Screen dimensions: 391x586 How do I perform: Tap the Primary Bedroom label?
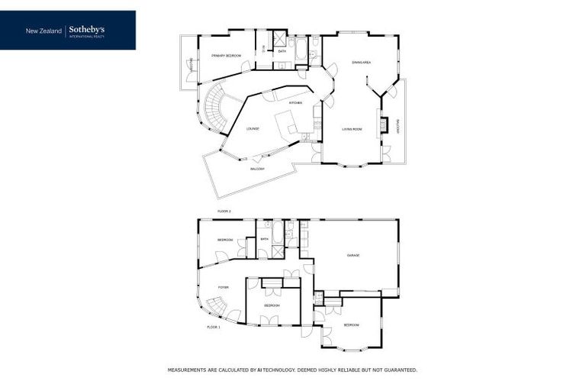227,56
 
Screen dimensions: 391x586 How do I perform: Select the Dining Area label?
361,62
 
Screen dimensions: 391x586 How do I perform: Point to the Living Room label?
352,129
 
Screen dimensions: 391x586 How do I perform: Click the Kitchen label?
295,102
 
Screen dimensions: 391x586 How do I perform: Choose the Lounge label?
253,128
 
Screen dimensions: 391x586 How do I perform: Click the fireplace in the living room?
385,124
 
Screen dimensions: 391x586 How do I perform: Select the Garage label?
353,255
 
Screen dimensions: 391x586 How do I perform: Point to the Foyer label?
223,287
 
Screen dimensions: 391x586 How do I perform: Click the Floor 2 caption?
224,210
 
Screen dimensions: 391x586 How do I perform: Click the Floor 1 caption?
214,327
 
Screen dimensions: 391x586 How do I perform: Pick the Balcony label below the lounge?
257,169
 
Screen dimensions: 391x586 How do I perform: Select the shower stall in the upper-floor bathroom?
280,40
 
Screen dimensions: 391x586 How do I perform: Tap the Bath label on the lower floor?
265,239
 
